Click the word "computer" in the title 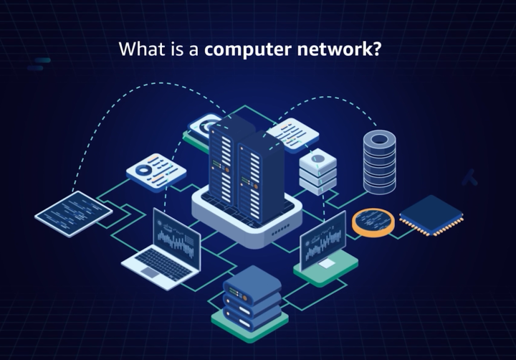click(248, 49)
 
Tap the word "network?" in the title click(339, 49)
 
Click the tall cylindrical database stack click(379, 162)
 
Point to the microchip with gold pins click(431, 215)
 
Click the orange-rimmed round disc click(373, 222)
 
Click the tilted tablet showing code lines click(73, 214)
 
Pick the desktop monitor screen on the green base click(323, 240)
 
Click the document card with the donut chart click(156, 172)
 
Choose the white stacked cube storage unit click(318, 171)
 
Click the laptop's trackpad click(150, 272)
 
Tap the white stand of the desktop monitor click(326, 263)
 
